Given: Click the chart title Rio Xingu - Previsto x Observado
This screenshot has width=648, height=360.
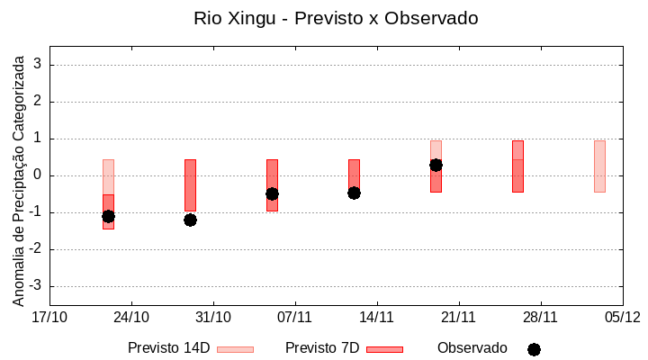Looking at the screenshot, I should click(x=336, y=18).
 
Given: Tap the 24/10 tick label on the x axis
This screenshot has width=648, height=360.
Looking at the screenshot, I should click(x=131, y=317).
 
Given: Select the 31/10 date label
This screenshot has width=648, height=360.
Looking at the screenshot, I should click(x=213, y=317).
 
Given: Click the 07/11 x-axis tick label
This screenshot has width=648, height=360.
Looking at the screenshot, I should click(x=294, y=317).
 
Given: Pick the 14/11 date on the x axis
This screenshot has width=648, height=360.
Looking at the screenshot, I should click(x=377, y=317).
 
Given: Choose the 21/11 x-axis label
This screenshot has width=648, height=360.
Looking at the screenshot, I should click(x=458, y=317).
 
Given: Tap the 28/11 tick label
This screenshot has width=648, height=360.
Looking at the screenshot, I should click(x=540, y=317).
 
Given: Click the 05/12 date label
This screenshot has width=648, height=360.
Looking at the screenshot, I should click(x=622, y=317).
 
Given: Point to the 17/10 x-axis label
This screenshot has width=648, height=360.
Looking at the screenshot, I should click(x=49, y=317).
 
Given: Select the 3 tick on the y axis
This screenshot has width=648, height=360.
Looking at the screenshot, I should click(x=39, y=65).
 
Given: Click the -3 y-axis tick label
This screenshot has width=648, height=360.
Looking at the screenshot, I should click(x=36, y=286).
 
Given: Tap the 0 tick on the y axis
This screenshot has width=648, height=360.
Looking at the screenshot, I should click(x=39, y=175).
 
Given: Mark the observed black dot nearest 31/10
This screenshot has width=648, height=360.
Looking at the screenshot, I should click(x=190, y=220).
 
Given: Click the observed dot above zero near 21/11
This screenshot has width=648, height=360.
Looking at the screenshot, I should click(x=436, y=165).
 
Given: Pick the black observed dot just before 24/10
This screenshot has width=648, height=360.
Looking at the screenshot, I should click(x=108, y=216).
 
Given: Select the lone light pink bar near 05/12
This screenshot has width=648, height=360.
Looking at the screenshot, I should click(x=599, y=166).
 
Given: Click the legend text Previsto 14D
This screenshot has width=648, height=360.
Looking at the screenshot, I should click(x=170, y=348).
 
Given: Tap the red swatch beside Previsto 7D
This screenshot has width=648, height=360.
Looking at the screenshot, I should click(x=384, y=349).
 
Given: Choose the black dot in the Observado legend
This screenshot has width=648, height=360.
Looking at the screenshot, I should click(x=534, y=349).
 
